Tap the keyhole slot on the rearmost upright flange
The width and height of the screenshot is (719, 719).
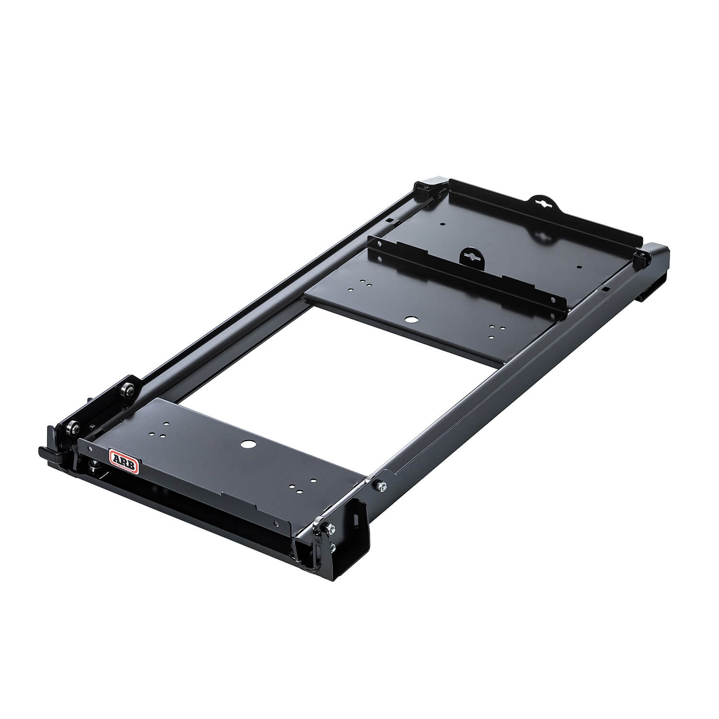point(543,203)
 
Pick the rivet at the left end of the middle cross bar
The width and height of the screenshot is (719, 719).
point(379,244)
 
